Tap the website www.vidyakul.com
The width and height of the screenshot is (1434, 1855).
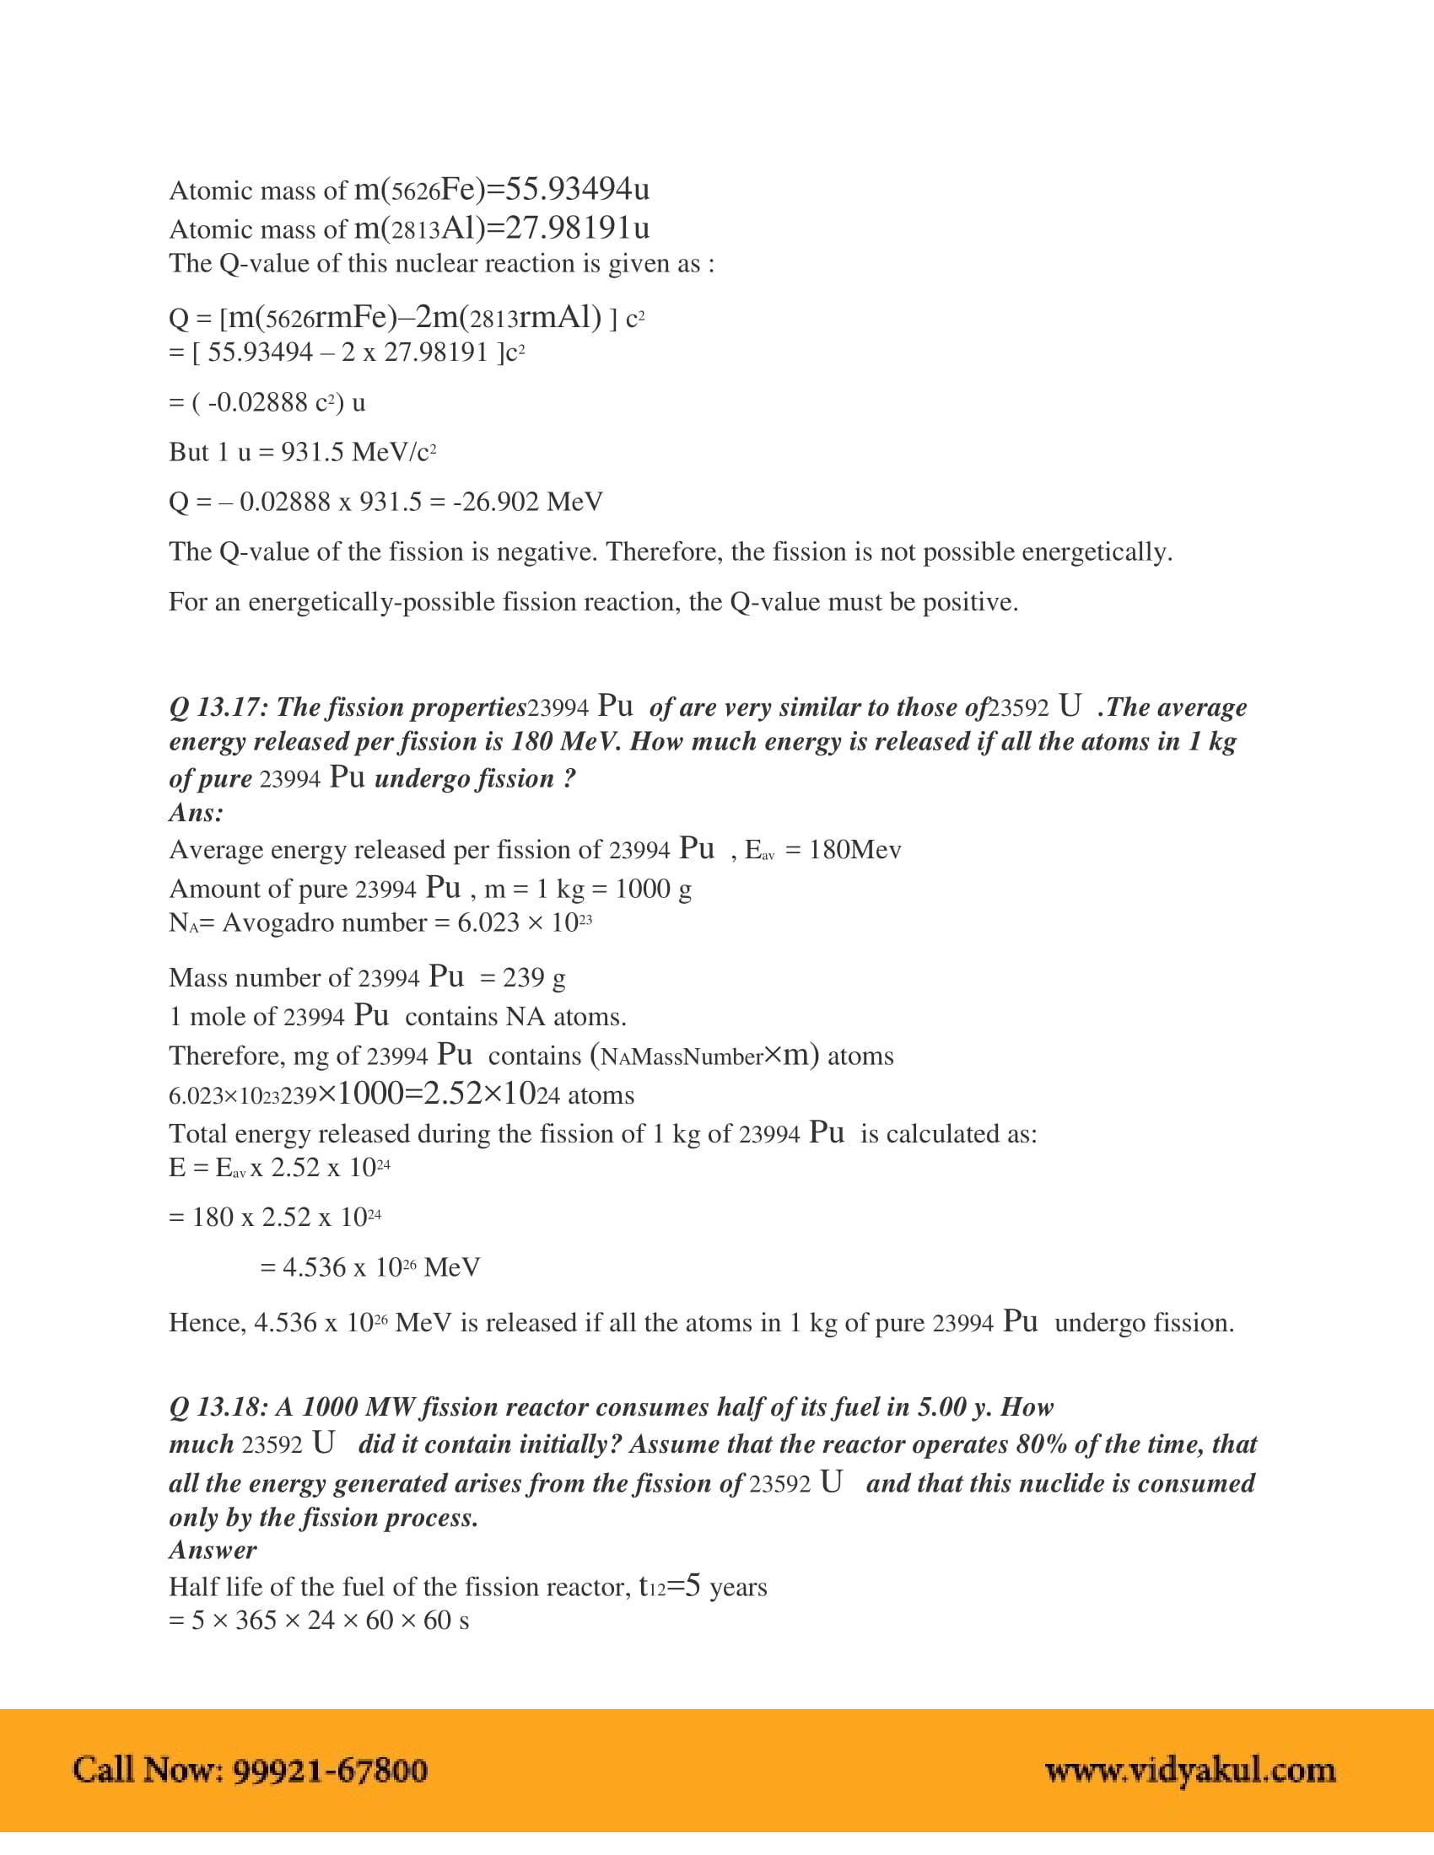1189,1770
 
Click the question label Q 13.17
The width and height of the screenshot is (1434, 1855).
216,707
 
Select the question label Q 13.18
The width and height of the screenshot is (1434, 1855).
216,1407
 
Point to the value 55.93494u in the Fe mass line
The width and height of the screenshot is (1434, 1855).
578,190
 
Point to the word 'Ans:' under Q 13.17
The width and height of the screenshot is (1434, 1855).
197,813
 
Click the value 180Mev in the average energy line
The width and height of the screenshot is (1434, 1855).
854,850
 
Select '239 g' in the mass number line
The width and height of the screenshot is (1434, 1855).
533,977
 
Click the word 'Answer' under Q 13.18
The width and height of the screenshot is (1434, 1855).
213,1550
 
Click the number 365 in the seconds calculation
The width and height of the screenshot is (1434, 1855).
256,1621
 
